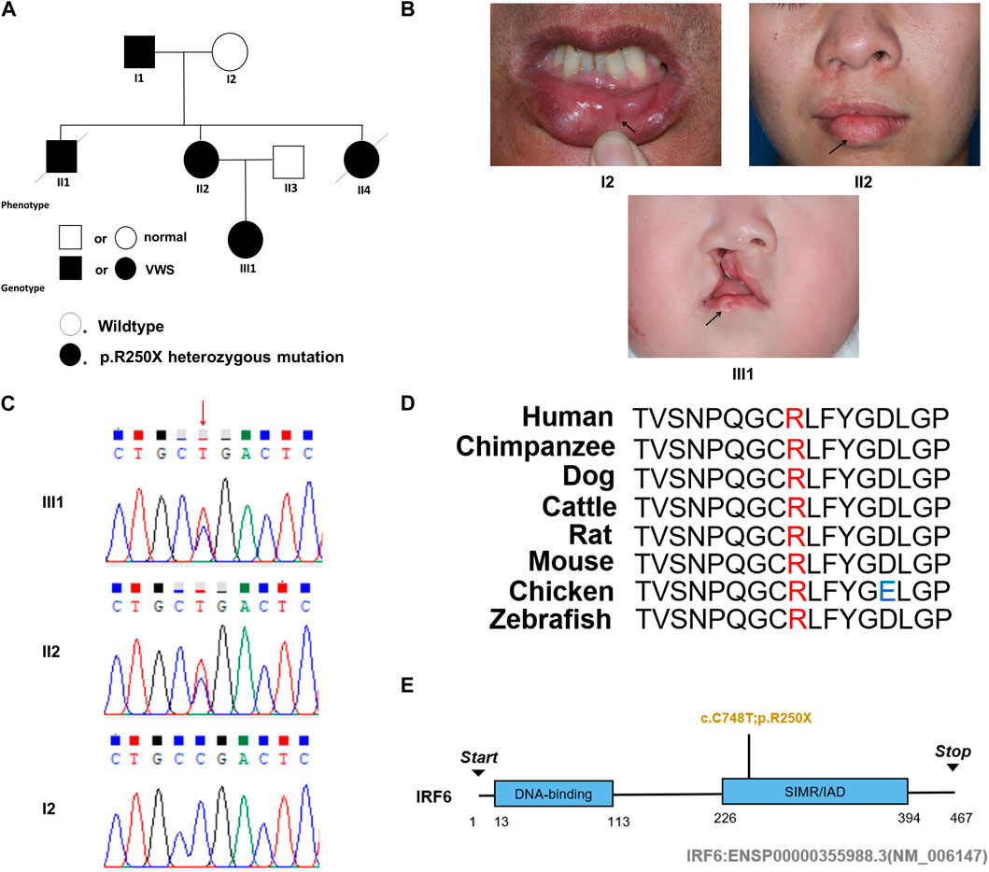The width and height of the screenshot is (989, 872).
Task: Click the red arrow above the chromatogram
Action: (x=203, y=409)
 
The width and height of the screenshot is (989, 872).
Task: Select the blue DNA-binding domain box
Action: (x=553, y=795)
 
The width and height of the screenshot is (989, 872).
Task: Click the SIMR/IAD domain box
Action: (x=814, y=794)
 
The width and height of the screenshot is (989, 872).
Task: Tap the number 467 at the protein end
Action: (x=955, y=819)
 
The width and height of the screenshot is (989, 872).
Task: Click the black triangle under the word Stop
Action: (x=953, y=767)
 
